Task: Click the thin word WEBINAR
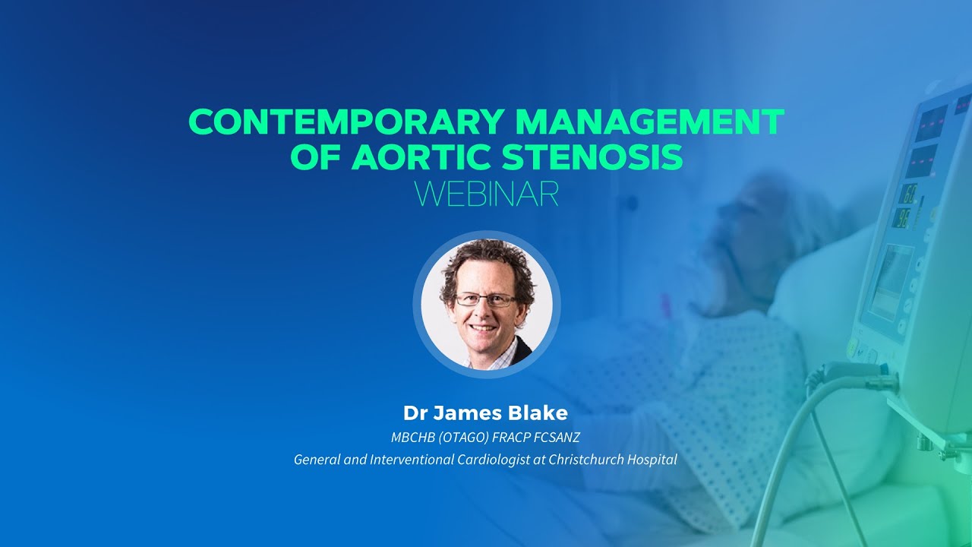click(x=486, y=194)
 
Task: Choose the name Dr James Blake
click(x=485, y=413)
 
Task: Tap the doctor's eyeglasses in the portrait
click(x=486, y=299)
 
